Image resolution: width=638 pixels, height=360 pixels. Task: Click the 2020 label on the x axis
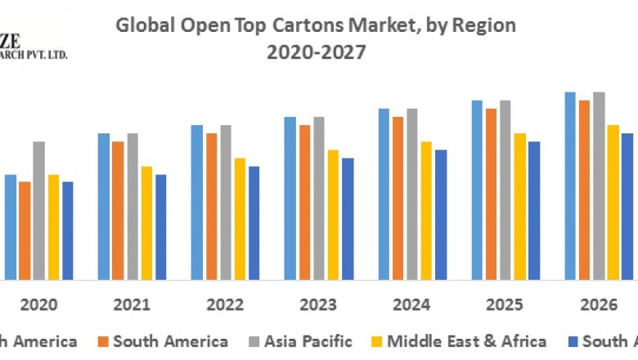point(38,305)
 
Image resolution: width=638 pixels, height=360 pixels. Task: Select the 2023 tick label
point(318,305)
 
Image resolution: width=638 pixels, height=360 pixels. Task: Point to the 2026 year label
point(598,305)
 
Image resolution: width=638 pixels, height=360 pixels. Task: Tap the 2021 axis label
point(132,305)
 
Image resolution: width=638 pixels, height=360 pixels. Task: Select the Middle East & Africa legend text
point(467,341)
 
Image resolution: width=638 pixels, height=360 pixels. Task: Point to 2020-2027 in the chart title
point(316,52)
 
